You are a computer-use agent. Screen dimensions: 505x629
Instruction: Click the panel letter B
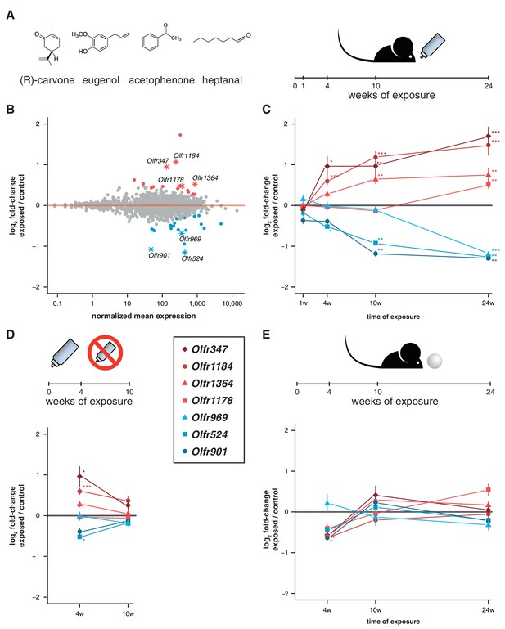pyautogui.click(x=10, y=109)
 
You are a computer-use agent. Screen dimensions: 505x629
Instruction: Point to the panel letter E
pyautogui.click(x=265, y=335)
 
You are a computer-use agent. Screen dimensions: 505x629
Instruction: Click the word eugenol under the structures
pyautogui.click(x=101, y=80)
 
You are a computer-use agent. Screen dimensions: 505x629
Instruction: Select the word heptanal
pyautogui.click(x=222, y=80)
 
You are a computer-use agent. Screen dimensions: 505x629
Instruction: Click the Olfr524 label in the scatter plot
pyautogui.click(x=192, y=258)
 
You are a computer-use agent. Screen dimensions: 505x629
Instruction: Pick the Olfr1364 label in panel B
pyautogui.click(x=205, y=177)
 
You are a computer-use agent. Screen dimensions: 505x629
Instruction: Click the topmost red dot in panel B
pyautogui.click(x=180, y=135)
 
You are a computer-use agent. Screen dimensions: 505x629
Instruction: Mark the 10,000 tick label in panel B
pyautogui.click(x=232, y=303)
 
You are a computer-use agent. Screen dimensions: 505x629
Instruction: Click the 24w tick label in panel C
pyautogui.click(x=488, y=303)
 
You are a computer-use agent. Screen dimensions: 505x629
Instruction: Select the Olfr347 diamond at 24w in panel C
pyautogui.click(x=488, y=137)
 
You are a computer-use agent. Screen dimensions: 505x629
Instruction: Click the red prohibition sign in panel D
pyautogui.click(x=106, y=353)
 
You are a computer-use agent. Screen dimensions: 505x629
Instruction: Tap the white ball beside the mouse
pyautogui.click(x=435, y=361)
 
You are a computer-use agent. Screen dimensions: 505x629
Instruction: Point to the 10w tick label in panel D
pyautogui.click(x=128, y=613)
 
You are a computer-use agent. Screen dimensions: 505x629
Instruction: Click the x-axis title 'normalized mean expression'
pyautogui.click(x=144, y=316)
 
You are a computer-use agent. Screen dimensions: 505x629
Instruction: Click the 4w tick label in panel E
pyautogui.click(x=327, y=610)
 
